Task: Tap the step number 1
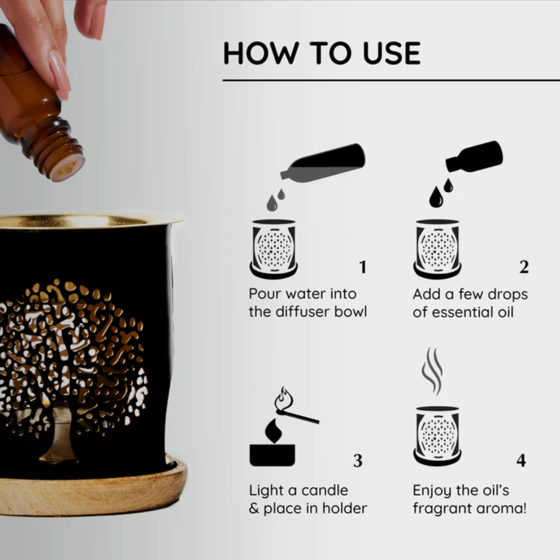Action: (362, 268)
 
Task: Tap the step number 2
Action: (524, 268)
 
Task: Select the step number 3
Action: (358, 461)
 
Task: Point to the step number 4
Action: (521, 461)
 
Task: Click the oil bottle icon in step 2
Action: (475, 156)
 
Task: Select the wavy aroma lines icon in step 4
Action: (432, 371)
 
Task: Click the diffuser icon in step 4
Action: (437, 436)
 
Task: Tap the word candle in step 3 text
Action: (324, 491)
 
